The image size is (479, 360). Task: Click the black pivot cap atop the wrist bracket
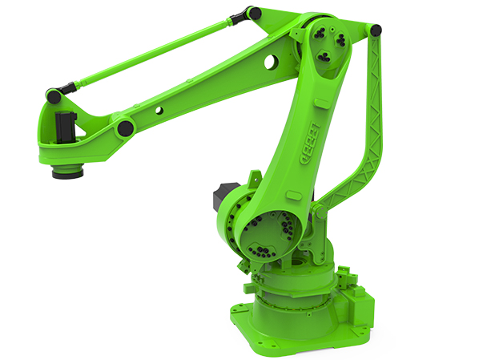(x=54, y=96)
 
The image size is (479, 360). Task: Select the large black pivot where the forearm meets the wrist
(x=124, y=128)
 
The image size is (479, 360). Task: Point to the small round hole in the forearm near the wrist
(x=159, y=110)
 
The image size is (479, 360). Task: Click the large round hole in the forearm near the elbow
(x=271, y=60)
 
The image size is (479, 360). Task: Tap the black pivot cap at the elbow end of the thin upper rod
(x=254, y=14)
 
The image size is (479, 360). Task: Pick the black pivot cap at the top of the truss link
(x=374, y=30)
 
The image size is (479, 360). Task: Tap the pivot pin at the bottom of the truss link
(x=319, y=212)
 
